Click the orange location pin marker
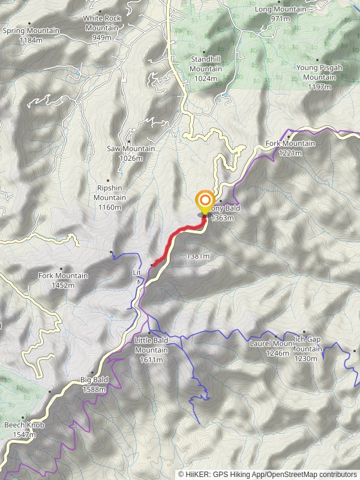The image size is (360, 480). (x=205, y=201)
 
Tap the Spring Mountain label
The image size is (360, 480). (x=31, y=31)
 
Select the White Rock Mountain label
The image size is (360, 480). (x=102, y=23)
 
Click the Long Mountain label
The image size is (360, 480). (x=280, y=10)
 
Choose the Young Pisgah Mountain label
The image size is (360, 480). (x=319, y=73)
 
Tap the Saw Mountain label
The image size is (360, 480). (x=131, y=149)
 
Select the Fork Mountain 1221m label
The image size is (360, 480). (x=290, y=144)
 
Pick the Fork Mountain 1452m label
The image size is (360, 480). (x=63, y=276)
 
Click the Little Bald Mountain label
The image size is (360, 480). (x=151, y=345)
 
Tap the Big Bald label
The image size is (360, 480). (x=94, y=380)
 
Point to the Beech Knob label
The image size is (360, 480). (x=24, y=425)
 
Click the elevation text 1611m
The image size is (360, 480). (x=151, y=359)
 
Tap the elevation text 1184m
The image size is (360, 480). (x=31, y=40)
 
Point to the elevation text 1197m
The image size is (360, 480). (x=319, y=87)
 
